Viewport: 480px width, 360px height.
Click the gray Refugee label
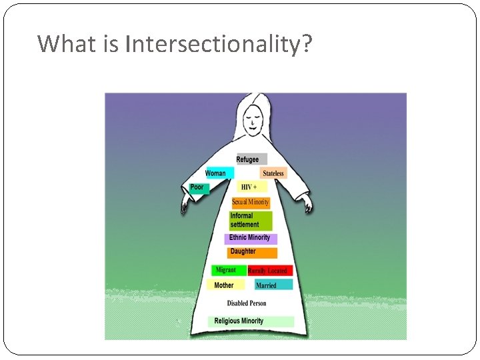[x=251, y=159]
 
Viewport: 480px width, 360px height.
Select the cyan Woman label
[x=218, y=173]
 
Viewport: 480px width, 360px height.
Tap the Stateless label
[x=273, y=173]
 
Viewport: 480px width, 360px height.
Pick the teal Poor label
[x=199, y=188]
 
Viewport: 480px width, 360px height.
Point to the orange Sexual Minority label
[x=251, y=202]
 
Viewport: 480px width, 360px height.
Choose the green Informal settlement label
[x=250, y=221]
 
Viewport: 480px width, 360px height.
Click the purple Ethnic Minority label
[x=251, y=238]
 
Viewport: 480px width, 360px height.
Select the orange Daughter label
[x=252, y=252]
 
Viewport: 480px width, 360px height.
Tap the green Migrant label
[x=228, y=271]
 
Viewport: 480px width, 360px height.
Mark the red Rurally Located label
[x=269, y=271]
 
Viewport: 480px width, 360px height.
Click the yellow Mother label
[x=225, y=285]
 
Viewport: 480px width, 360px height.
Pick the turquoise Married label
[x=273, y=285]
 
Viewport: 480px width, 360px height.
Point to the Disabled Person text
[x=246, y=303]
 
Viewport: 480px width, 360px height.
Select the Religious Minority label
[x=250, y=321]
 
